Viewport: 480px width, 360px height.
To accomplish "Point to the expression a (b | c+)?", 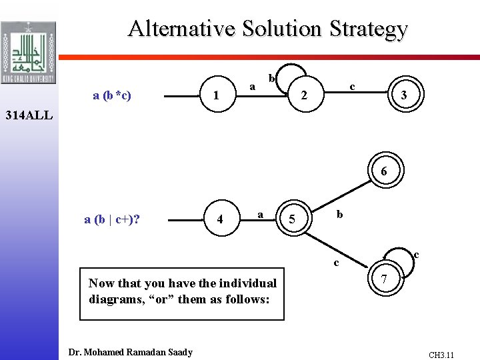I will pos(112,218).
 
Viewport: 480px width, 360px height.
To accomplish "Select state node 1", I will pos(215,96).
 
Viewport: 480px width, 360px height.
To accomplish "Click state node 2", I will pos(303,96).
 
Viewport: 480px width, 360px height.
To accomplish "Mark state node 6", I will pos(383,171).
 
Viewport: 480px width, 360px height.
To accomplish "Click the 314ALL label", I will pos(25,115).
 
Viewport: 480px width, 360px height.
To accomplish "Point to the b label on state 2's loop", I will pos(271,79).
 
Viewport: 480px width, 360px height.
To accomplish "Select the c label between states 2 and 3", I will pos(352,86).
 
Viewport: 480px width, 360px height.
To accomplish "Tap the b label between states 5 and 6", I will pos(339,215).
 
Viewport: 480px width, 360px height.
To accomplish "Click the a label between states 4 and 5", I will pos(261,213).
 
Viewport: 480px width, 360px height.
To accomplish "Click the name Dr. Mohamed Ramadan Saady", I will pos(131,352).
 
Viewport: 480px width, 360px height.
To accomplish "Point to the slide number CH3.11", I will pos(441,355).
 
